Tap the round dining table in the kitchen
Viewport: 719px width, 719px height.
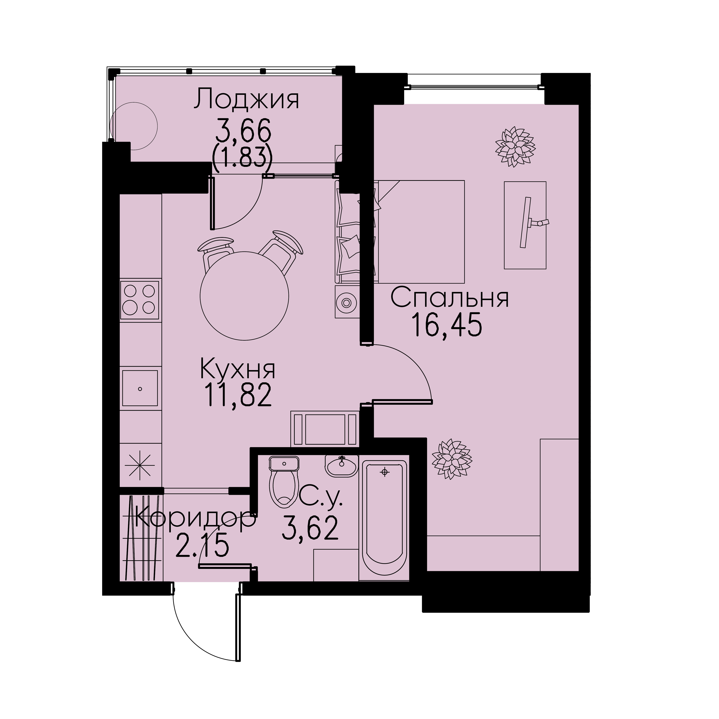[x=244, y=296]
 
